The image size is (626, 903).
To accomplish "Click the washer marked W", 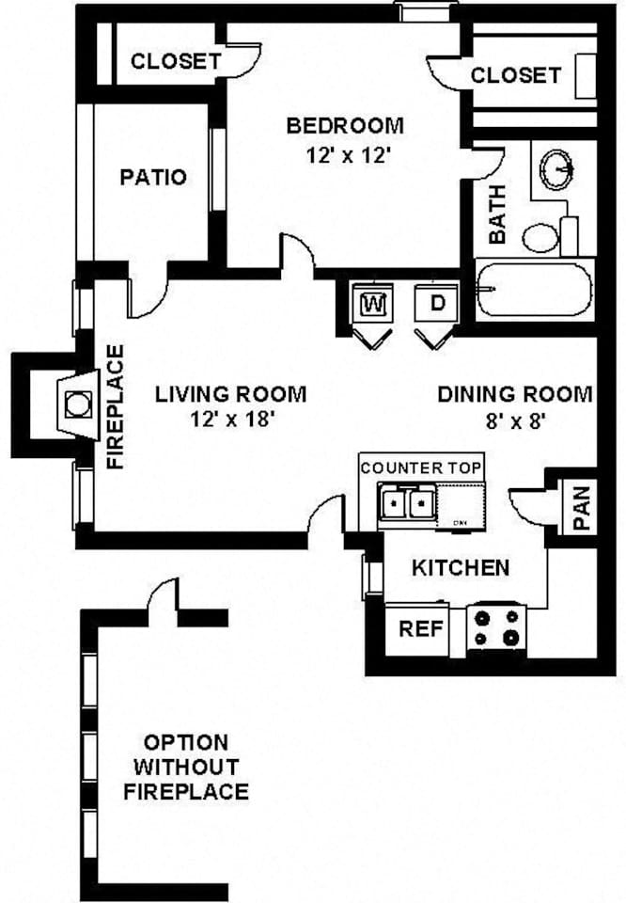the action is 373,302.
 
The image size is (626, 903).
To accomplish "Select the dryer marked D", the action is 437,302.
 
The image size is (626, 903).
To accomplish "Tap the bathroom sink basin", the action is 557,169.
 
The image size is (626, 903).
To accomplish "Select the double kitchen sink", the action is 407,503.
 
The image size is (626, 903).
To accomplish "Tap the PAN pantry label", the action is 582,508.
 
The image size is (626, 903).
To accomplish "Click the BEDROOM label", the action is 345,125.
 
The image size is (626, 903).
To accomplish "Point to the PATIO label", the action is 153,177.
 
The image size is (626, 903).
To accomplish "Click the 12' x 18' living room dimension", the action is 230,420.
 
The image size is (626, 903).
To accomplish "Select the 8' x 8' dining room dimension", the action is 515,421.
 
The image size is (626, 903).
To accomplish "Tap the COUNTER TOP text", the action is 420,467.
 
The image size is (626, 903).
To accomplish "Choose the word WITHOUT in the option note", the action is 186,767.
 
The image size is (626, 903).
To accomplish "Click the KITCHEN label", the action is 461,568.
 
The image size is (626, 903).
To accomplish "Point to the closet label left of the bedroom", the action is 176,60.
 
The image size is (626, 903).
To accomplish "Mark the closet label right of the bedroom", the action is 515,75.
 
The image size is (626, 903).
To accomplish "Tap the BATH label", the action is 497,214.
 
